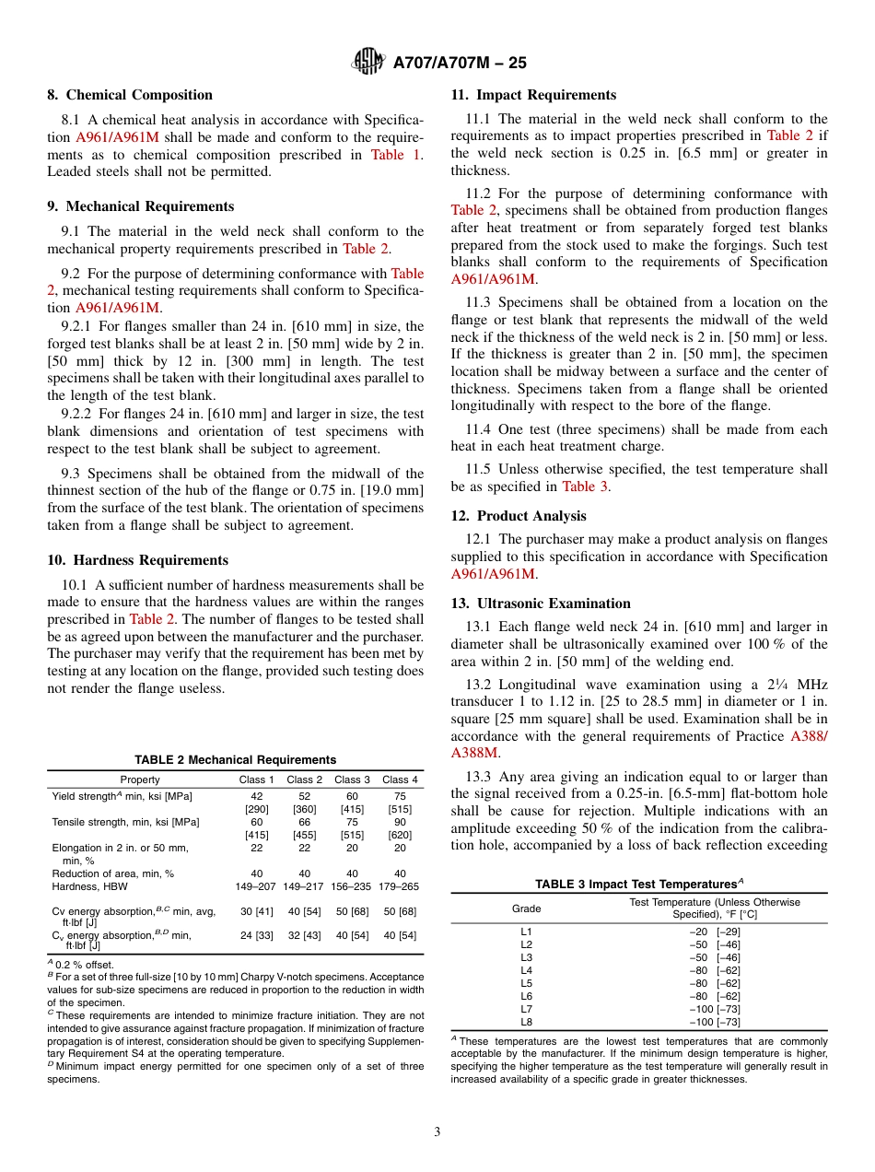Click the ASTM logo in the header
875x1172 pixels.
tap(368, 63)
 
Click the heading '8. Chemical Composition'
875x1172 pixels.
tap(130, 95)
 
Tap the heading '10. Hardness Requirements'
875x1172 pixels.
tap(137, 560)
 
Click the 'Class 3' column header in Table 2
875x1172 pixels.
tap(353, 779)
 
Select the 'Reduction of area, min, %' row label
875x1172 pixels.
tap(112, 873)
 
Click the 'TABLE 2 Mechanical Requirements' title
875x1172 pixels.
tap(235, 759)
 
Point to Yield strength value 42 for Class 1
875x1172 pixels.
tap(257, 796)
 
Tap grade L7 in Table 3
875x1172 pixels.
tap(527, 1009)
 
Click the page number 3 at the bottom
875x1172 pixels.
tap(437, 1131)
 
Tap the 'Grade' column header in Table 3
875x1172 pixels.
tap(527, 908)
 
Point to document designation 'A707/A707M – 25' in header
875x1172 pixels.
tap(460, 63)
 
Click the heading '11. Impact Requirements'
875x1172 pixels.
tap(533, 95)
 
